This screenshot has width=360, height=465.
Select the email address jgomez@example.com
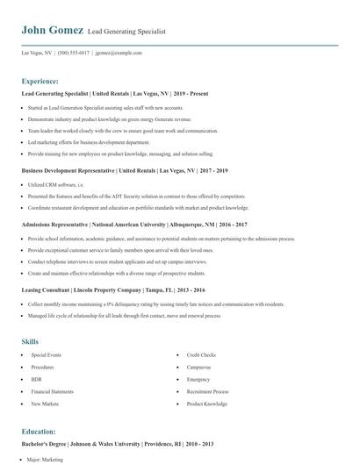pos(119,53)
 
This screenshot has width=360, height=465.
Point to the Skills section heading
pos(30,340)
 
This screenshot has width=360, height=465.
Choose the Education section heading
pos(39,432)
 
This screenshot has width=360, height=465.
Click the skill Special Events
pos(47,355)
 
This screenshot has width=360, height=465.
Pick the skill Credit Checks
pos(201,355)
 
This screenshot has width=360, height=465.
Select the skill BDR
pos(37,379)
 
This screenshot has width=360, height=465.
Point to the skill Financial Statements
pos(54,391)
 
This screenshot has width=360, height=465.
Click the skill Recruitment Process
pos(209,391)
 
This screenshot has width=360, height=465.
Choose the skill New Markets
pos(46,404)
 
